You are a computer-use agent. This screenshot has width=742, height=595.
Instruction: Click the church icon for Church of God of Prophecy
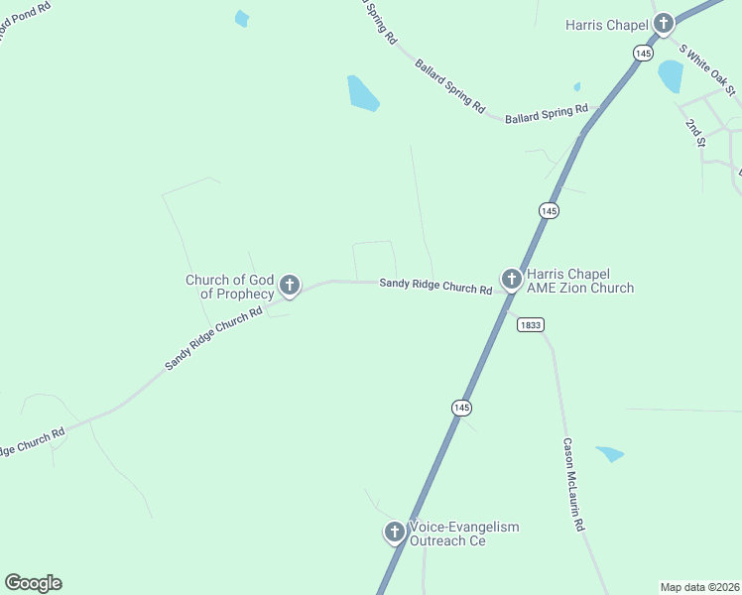click(290, 287)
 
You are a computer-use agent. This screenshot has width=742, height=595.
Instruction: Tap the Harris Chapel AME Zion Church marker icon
click(511, 280)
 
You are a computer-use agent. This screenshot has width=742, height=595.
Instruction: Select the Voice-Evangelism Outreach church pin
click(394, 533)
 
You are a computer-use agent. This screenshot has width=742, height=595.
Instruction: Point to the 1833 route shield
click(530, 324)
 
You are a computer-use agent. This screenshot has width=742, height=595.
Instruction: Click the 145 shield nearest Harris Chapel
click(644, 52)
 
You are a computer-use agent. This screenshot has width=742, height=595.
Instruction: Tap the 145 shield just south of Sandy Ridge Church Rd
click(461, 408)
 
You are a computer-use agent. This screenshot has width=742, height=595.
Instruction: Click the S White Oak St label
click(707, 69)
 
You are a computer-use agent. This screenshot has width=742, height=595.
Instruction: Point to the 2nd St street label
click(694, 132)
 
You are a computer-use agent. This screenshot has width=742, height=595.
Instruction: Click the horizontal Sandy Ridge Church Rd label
click(435, 287)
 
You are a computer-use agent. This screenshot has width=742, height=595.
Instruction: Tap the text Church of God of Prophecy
click(229, 287)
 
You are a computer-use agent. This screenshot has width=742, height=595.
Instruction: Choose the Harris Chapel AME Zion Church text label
click(580, 281)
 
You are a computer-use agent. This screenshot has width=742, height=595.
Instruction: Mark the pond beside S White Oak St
click(671, 75)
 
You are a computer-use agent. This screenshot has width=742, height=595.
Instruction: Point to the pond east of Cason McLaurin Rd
click(610, 454)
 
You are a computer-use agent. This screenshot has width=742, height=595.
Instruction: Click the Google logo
click(33, 583)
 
